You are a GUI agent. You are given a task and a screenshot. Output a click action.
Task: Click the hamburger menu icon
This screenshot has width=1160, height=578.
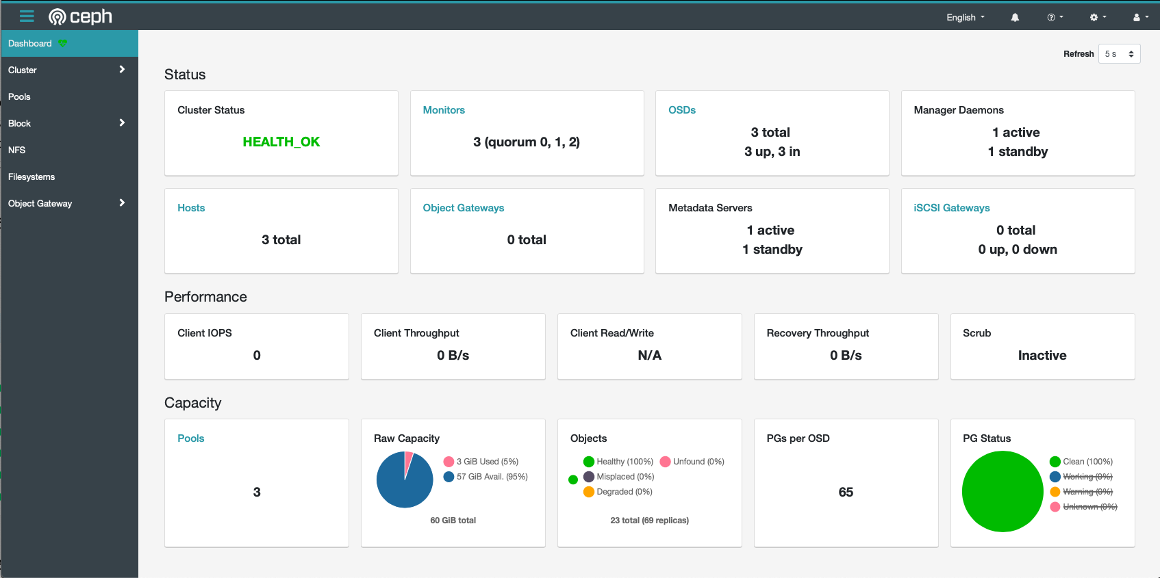click(x=27, y=16)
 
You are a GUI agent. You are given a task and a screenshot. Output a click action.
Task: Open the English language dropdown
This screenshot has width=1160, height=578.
click(x=965, y=17)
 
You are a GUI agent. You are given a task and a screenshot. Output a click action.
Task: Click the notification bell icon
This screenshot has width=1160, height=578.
click(x=1015, y=17)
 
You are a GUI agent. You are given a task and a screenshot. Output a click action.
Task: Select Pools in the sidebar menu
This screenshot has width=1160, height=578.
click(x=19, y=96)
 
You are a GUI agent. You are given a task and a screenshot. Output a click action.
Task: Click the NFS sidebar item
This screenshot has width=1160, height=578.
click(x=16, y=150)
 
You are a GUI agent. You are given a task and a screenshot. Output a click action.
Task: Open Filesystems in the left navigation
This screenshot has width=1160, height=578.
click(x=31, y=176)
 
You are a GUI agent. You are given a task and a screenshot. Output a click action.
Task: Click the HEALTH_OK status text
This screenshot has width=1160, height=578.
click(x=281, y=142)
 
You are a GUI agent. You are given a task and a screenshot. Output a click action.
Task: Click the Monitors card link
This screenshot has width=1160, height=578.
click(x=444, y=110)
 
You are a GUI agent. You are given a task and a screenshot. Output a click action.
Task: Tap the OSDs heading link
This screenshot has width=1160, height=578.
click(x=681, y=110)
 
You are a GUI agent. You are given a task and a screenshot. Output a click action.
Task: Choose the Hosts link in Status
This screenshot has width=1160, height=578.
click(x=191, y=208)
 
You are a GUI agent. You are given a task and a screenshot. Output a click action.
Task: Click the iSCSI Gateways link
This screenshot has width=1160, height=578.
click(x=951, y=208)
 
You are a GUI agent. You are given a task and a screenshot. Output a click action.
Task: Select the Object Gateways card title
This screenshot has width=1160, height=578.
click(x=463, y=208)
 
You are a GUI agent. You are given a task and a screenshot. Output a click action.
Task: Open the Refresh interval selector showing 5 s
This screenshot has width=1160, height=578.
click(x=1119, y=54)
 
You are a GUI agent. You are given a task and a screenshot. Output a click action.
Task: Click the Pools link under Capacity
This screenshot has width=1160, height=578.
click(x=190, y=438)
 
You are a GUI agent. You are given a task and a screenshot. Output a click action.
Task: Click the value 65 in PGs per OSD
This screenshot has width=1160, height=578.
click(x=846, y=492)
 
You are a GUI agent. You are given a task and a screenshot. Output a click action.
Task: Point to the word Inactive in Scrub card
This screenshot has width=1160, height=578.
click(x=1042, y=355)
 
